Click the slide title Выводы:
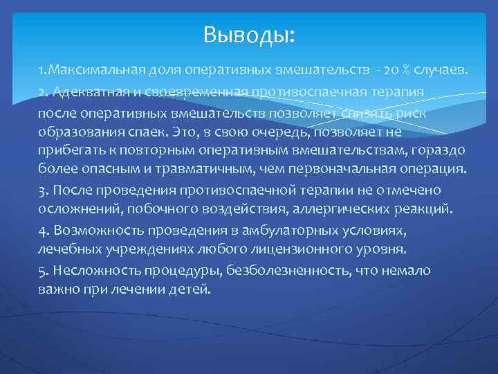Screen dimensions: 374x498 pos(249,34)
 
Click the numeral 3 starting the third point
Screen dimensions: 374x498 pos(43,190)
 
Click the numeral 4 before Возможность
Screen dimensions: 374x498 pos(43,229)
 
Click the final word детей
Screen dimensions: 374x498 pos(187,288)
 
